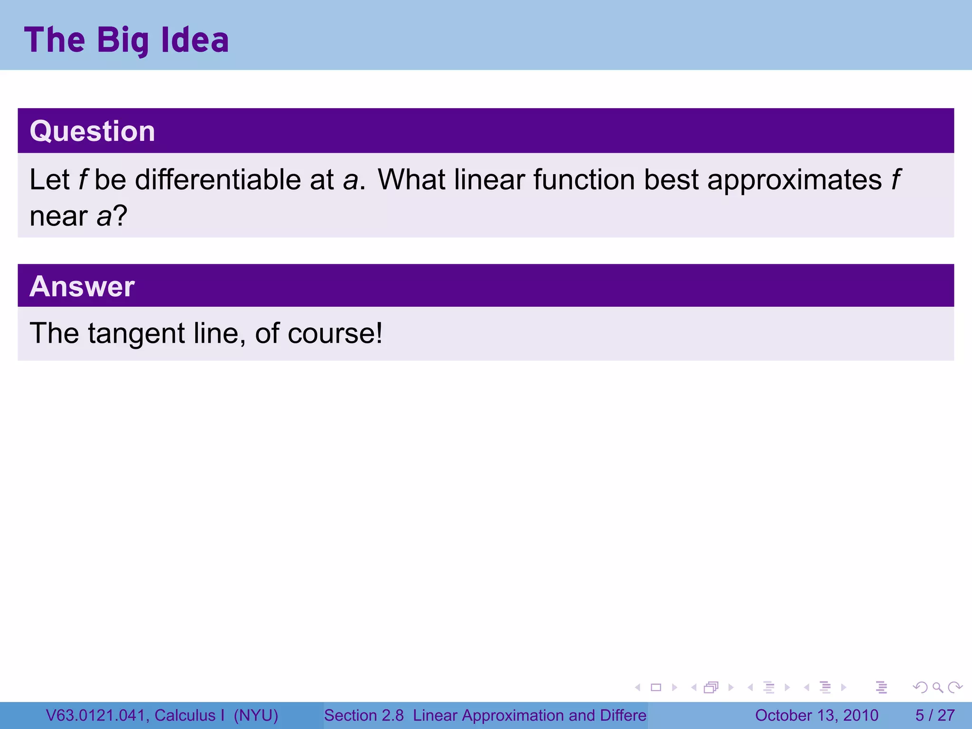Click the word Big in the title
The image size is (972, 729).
coord(123,41)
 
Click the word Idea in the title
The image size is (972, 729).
coord(195,40)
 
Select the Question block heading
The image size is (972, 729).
coord(93,131)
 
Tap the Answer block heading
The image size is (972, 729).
coord(82,286)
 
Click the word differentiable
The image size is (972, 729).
coord(218,180)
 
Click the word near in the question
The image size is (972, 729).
coord(58,217)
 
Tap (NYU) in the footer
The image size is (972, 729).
coord(256,715)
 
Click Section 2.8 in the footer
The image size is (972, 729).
coord(364,715)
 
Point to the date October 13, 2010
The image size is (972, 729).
coord(816,715)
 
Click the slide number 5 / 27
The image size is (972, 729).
coord(935,715)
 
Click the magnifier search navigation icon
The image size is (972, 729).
coord(937,687)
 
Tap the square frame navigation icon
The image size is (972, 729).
coord(656,687)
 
